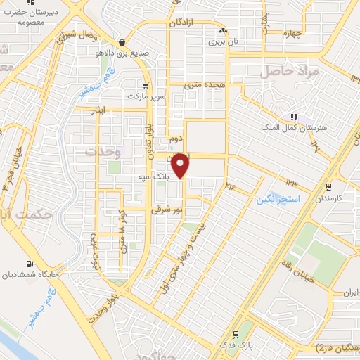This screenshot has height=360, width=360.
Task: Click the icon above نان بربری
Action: pyautogui.click(x=224, y=31)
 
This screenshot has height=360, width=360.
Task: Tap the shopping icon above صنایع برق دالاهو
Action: pyautogui.click(x=124, y=41)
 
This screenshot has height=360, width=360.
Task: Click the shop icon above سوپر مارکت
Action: pyautogui.click(x=146, y=85)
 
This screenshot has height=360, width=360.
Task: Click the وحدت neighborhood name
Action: pyautogui.click(x=103, y=150)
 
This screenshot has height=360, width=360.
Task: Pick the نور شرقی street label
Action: pyautogui.click(x=168, y=210)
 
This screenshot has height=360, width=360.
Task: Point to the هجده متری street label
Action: pyautogui.click(x=204, y=84)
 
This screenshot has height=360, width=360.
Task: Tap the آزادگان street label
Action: pyautogui.click(x=186, y=22)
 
